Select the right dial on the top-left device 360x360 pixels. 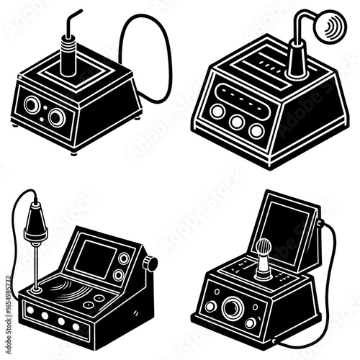[x=56, y=116]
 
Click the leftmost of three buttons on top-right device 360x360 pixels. [x=217, y=111]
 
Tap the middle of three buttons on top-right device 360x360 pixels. [x=236, y=121]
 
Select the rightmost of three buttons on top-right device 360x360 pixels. [x=256, y=130]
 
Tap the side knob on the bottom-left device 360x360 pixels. [x=150, y=264]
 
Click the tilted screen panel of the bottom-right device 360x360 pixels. [x=287, y=231]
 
